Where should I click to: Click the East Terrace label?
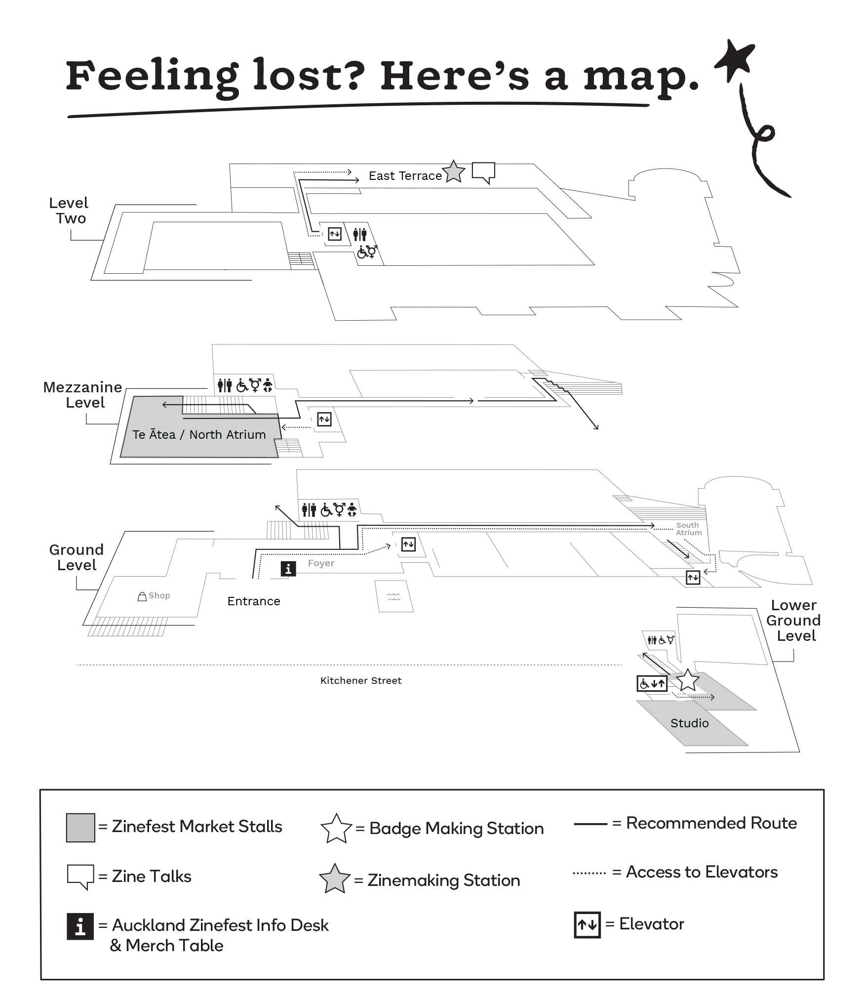click(405, 176)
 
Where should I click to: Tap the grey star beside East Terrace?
click(454, 172)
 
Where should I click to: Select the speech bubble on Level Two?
click(483, 172)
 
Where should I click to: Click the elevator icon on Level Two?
click(335, 234)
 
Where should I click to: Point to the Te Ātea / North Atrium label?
click(199, 435)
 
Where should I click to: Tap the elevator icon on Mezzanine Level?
click(324, 419)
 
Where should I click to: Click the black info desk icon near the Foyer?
click(288, 569)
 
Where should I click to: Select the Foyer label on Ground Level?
click(321, 563)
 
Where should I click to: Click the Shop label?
click(159, 596)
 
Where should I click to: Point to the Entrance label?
click(254, 601)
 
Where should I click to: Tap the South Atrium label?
click(688, 529)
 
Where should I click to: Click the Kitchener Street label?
click(361, 681)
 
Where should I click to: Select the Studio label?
click(689, 723)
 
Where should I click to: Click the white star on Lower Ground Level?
click(688, 681)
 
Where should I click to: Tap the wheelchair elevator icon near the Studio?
click(652, 684)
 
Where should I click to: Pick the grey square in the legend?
click(80, 828)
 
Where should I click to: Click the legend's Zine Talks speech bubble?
click(80, 876)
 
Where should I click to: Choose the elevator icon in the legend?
click(587, 924)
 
